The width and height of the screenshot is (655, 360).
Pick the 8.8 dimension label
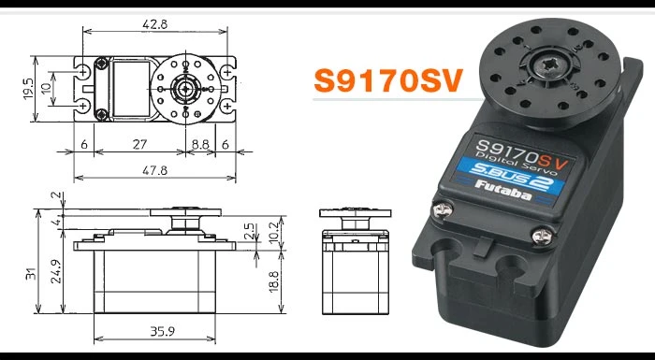[x=199, y=145]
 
